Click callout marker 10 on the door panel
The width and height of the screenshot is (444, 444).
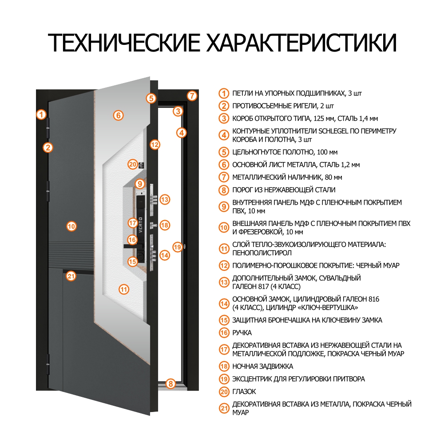71,226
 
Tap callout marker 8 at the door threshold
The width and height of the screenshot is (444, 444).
171,384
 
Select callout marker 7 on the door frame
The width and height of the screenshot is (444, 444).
191,95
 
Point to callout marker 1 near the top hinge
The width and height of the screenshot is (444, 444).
41,115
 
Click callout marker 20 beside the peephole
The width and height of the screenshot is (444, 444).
132,164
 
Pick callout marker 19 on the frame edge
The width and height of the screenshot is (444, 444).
178,247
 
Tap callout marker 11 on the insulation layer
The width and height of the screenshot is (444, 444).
124,289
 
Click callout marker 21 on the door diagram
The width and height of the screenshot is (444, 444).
71,276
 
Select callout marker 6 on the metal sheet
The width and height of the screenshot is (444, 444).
118,115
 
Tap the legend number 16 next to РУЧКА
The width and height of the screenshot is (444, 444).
224,333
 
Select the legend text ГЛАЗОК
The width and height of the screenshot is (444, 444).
244,392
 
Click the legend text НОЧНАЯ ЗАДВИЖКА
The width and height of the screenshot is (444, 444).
262,367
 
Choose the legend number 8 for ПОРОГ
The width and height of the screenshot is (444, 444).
224,190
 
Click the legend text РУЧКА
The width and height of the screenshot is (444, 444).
242,333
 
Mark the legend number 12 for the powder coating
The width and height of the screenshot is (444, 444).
224,266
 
